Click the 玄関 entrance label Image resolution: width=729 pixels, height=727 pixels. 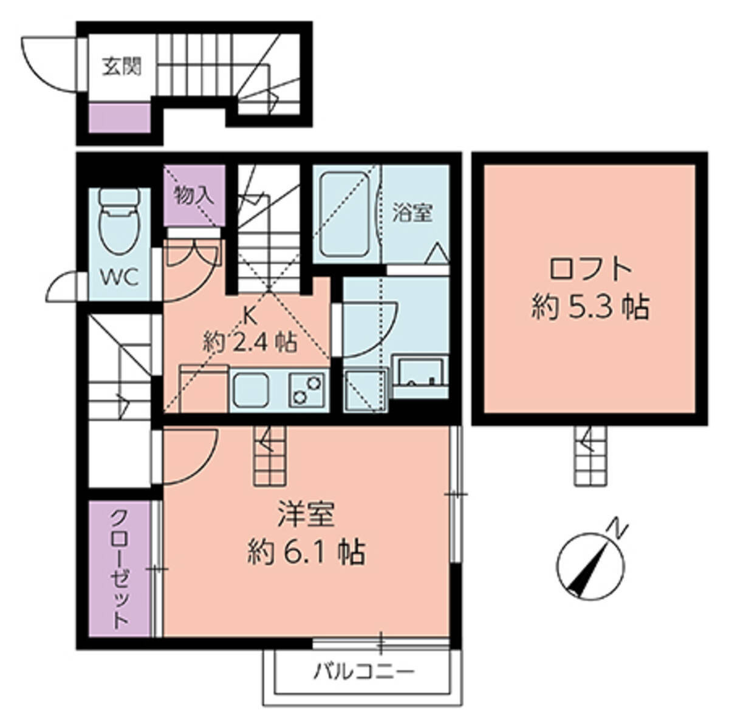122,67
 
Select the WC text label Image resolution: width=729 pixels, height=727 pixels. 119,278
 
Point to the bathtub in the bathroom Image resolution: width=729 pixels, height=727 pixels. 345,215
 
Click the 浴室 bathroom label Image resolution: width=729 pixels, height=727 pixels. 412,213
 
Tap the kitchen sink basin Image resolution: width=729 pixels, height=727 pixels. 251,389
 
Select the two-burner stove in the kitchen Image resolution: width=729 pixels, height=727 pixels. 307,389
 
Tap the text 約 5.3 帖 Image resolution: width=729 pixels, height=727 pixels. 590,307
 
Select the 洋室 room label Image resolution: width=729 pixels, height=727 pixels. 306,515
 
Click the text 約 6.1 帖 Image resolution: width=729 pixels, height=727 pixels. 306,553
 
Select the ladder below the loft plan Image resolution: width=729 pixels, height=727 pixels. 590,456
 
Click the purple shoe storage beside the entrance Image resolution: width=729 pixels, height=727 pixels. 119,118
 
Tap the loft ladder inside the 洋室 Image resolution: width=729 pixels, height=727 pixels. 270,456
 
